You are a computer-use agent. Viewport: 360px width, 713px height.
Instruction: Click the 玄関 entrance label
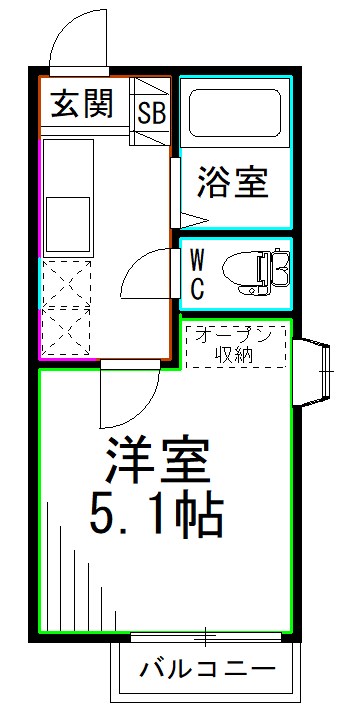pos(82,103)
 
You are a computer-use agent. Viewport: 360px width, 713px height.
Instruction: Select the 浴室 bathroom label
pos(231,182)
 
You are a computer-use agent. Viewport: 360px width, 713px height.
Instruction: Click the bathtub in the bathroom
pos(235,112)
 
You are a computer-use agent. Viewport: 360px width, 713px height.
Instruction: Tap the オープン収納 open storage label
pos(238,345)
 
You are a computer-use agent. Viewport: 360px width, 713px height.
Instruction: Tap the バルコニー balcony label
pos(207,667)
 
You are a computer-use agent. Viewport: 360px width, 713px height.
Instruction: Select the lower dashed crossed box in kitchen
pos(65,329)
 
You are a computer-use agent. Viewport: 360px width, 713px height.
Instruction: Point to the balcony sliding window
pos(205,636)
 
